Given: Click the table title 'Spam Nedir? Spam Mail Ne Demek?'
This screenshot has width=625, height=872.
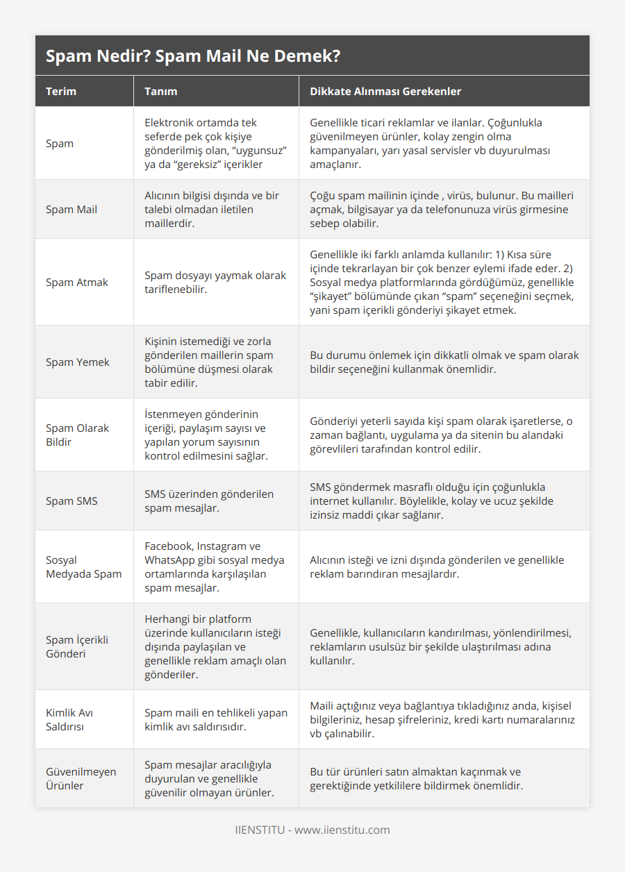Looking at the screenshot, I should [193, 56].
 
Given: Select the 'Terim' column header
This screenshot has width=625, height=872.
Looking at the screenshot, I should [61, 91].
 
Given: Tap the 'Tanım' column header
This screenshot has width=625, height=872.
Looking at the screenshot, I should [160, 91].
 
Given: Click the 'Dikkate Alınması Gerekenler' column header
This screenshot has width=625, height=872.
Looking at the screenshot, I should [385, 91].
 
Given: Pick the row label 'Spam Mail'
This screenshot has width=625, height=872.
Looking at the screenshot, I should [72, 209].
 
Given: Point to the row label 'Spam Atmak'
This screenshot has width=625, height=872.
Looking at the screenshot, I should [76, 282].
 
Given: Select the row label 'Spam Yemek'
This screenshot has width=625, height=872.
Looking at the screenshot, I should [77, 362].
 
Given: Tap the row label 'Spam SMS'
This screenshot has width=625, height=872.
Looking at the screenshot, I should [71, 501].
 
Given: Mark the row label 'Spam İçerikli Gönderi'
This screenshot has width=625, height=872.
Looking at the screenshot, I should [76, 646].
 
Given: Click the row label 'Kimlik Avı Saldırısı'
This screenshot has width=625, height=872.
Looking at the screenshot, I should [69, 719].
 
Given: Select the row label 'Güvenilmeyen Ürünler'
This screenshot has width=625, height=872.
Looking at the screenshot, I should [81, 778].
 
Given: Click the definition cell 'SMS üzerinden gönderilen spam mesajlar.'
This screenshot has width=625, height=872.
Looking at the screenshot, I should [209, 501].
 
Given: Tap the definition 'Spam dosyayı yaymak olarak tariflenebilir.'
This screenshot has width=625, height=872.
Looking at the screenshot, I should [215, 282].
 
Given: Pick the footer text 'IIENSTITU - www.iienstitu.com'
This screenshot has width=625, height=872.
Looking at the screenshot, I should [312, 830].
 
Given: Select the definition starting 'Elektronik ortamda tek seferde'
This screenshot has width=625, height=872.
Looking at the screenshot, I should [215, 143].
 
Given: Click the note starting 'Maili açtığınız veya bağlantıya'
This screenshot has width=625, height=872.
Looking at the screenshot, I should [442, 719].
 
